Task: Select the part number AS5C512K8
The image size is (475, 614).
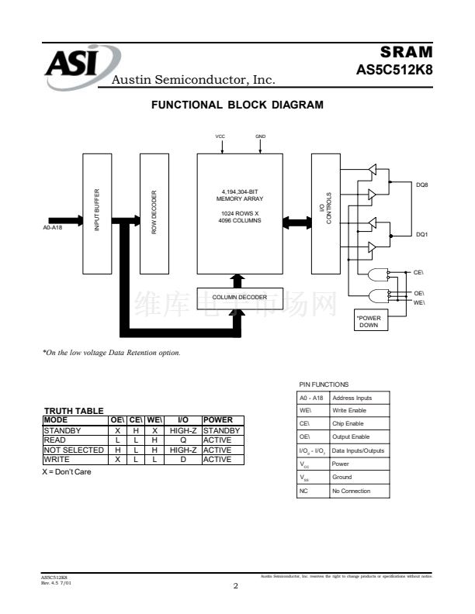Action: click(394, 68)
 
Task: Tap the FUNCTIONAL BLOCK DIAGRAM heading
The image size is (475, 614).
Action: click(237, 105)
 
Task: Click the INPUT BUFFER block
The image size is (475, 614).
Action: click(97, 212)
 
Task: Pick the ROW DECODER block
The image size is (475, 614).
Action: click(154, 212)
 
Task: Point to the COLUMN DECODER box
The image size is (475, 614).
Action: click(239, 297)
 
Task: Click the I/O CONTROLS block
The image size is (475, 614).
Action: click(326, 212)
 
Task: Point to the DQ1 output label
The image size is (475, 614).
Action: click(422, 234)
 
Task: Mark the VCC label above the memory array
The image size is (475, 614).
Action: click(220, 136)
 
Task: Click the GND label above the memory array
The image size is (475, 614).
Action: click(260, 136)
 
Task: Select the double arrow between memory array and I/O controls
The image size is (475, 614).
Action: click(296, 223)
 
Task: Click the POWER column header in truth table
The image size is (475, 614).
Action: click(217, 420)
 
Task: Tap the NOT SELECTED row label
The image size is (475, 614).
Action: click(74, 450)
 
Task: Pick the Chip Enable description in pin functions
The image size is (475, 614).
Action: click(348, 424)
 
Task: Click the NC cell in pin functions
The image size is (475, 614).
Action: click(304, 491)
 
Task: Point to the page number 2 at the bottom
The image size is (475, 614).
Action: click(235, 586)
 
